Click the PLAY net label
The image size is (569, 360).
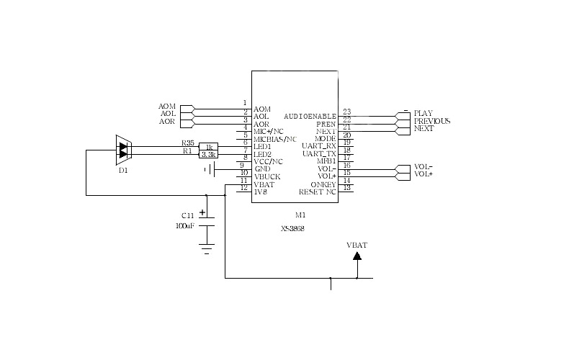coord(423,113)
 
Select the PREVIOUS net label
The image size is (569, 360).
coord(432,121)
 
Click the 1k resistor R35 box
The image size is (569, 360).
coord(209,146)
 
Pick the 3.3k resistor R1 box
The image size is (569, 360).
coord(209,154)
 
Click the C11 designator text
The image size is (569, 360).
coord(187,215)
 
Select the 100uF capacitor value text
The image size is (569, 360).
coord(184,225)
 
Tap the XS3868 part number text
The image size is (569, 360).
coord(292,229)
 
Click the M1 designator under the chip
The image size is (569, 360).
coord(300,215)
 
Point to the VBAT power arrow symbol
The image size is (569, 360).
coord(357,256)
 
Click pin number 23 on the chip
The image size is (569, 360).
coord(347,112)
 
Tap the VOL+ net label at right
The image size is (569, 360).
coord(423,174)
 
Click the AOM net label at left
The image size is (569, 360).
coord(167,107)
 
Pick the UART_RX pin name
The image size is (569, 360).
coord(319,146)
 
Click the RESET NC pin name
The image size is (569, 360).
coord(317,192)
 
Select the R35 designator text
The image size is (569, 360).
coord(188,143)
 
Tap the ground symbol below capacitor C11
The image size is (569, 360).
coord(207,251)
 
